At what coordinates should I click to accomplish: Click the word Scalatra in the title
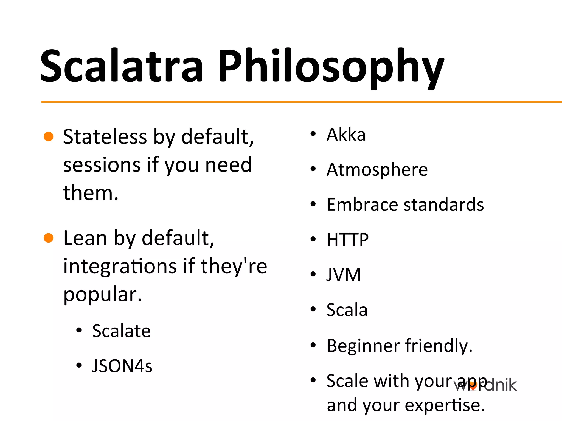[x=122, y=66]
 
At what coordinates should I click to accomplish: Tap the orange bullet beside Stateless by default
[x=49, y=136]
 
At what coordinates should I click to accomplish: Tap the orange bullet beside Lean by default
[x=49, y=238]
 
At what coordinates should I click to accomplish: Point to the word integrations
[x=120, y=266]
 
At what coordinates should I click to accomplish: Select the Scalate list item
[x=121, y=331]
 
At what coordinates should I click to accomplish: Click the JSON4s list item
[x=122, y=366]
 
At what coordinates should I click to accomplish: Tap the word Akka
[x=346, y=135]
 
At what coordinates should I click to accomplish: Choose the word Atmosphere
[x=377, y=170]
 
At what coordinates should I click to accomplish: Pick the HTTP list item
[x=348, y=240]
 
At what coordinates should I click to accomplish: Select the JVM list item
[x=344, y=275]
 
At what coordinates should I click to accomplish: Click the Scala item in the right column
[x=347, y=310]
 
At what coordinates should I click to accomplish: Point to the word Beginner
[x=363, y=346]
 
